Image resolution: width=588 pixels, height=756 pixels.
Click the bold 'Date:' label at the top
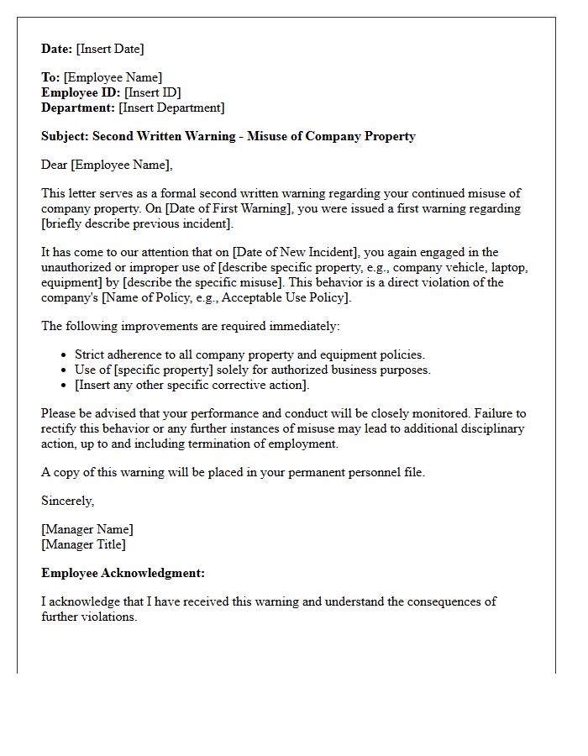(x=57, y=50)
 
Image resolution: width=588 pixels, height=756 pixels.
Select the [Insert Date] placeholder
(x=110, y=50)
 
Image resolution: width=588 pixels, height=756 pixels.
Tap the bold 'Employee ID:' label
(x=81, y=93)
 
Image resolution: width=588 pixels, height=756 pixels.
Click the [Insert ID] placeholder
(x=152, y=93)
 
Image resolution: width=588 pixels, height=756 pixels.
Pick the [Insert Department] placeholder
(x=171, y=108)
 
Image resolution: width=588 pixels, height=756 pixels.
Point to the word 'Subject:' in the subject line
(x=65, y=136)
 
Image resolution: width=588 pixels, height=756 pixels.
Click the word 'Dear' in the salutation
(x=55, y=165)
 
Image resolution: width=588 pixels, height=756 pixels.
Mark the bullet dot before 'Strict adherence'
(x=65, y=355)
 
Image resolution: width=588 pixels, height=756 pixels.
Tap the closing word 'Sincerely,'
(x=68, y=501)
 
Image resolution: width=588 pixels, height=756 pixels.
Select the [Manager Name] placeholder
(x=87, y=530)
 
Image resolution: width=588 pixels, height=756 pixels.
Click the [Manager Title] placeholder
(x=83, y=545)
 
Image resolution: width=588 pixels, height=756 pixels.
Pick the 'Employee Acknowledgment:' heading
(x=123, y=574)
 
